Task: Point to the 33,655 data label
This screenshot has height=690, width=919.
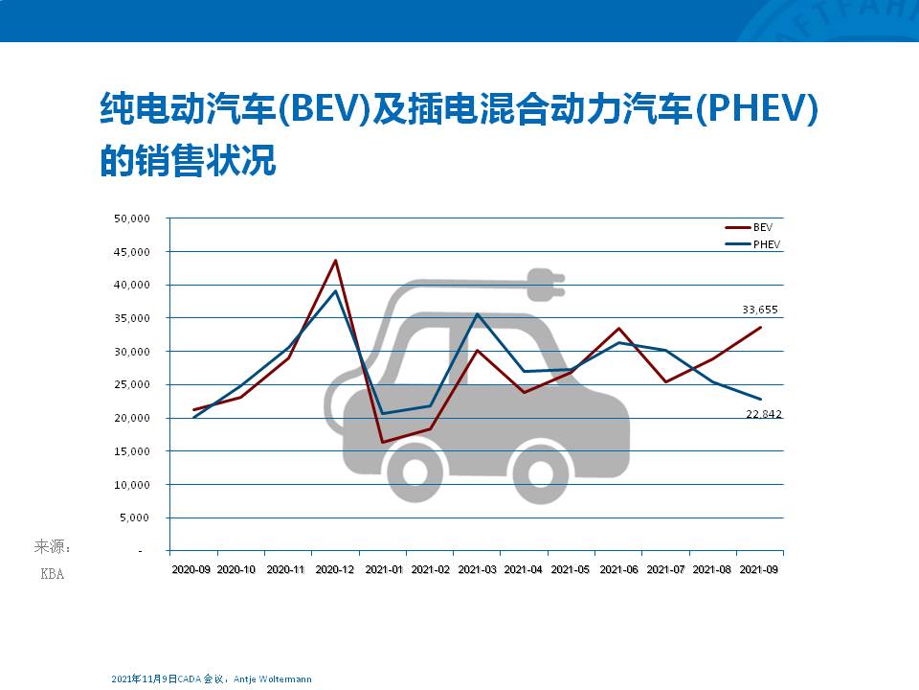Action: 760,310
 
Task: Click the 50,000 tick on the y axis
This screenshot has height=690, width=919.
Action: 132,218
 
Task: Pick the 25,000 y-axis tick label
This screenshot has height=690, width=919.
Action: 132,385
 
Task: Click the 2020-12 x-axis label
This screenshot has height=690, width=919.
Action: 335,569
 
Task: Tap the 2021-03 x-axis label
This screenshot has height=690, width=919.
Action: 477,569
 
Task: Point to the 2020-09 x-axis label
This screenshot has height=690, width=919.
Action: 192,569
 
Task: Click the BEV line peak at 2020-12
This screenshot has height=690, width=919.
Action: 335,260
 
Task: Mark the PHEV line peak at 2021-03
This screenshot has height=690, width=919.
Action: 477,313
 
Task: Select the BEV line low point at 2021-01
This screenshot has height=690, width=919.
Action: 383,442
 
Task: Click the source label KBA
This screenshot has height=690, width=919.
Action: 52,575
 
